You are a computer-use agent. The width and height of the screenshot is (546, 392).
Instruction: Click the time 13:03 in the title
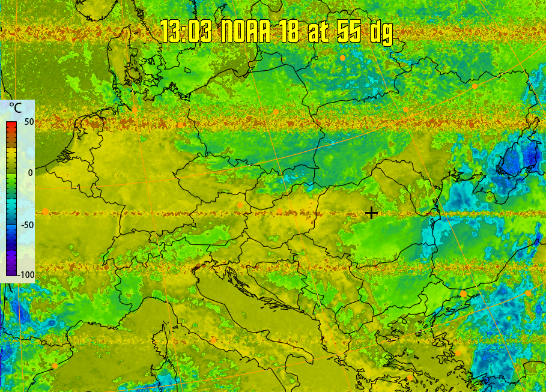(186, 32)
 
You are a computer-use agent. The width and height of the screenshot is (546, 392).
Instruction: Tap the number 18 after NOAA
(288, 32)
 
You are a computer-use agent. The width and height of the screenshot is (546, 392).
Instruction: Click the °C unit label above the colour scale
(15, 109)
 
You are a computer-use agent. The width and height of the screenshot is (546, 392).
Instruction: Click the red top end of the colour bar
(11, 125)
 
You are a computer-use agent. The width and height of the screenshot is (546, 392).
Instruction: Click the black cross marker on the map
(372, 213)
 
